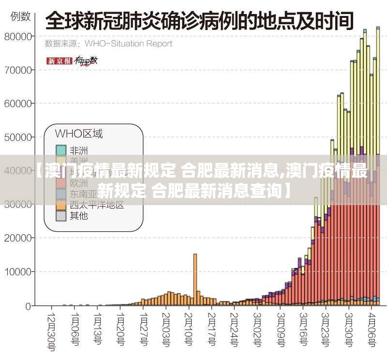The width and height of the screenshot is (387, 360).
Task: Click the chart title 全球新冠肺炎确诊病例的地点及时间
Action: point(199,22)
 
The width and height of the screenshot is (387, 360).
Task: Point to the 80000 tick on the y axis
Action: point(19,36)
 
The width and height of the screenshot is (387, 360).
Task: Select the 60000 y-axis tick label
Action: point(19,104)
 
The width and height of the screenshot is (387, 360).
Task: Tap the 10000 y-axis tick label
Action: point(19,272)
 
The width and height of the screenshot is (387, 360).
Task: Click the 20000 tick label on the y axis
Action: point(19,238)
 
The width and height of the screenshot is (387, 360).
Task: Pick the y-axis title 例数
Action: point(21,16)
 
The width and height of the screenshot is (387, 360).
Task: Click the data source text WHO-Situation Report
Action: point(128,44)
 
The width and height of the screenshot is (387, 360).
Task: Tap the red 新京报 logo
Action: point(59,61)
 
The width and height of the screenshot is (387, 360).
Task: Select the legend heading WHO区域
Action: point(78,134)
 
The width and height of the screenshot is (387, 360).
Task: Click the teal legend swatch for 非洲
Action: point(60,150)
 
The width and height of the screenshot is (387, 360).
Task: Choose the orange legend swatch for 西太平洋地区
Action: point(60,205)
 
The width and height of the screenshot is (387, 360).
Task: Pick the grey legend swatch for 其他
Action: point(60,216)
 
